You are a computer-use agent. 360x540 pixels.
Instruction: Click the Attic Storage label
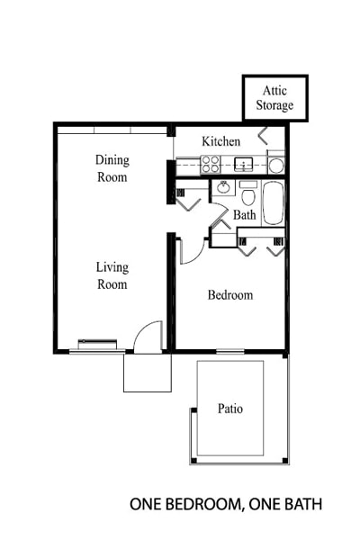tap(276, 98)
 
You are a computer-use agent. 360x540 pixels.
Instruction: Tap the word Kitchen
tap(220, 141)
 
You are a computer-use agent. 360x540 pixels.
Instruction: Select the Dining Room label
tap(112, 168)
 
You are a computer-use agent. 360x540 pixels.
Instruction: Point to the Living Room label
tap(112, 275)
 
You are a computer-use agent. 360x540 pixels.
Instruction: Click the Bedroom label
tap(230, 294)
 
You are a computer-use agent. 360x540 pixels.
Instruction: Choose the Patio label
tap(229, 408)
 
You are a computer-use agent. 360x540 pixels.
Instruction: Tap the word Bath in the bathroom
tap(245, 215)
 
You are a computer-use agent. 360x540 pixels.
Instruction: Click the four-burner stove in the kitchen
tap(211, 164)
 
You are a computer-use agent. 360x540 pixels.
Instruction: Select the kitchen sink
tap(243, 165)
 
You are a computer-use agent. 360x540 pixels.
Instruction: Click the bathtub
tap(273, 202)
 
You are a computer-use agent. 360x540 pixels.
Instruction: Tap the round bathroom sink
tap(222, 189)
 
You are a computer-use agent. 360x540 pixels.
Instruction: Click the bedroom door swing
tap(190, 251)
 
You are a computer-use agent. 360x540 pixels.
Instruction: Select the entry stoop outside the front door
tap(147, 372)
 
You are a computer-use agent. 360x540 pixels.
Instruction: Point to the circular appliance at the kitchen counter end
tap(275, 165)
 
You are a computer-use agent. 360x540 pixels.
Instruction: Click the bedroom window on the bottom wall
tap(230, 350)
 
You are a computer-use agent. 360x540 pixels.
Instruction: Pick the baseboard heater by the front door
tap(96, 343)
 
